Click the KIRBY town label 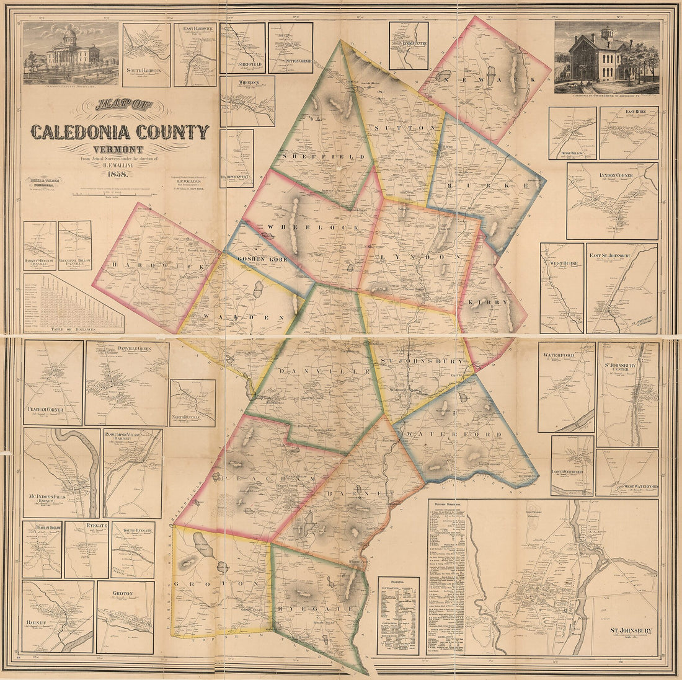pos(493,302)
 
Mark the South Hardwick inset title pos(147,70)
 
